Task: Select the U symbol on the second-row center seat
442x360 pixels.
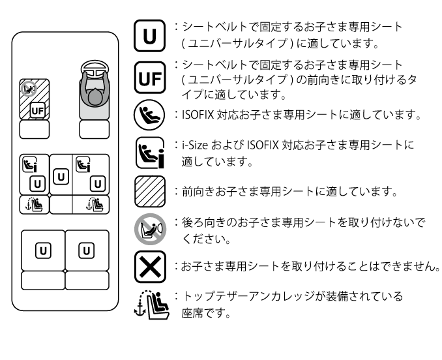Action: pyautogui.click(x=61, y=175)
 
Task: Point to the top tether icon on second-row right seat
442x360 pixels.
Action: pyautogui.click(x=95, y=205)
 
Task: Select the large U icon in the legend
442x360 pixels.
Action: pyautogui.click(x=149, y=36)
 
